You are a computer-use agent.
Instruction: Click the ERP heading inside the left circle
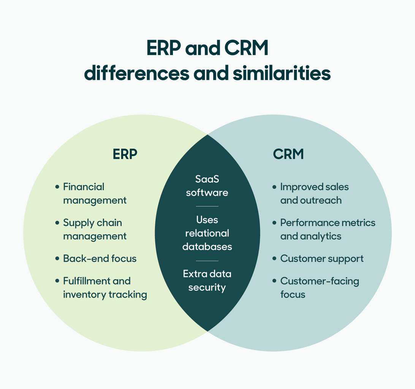125,154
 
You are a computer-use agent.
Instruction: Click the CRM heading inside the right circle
288,154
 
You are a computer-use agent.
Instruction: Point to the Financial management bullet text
95,193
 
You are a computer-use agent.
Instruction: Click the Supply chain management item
95,229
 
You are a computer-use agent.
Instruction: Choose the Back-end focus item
100,259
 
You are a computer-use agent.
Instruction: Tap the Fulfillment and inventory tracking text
105,288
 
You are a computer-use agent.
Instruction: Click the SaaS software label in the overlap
207,186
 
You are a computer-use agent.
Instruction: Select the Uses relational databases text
207,233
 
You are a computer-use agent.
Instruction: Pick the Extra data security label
207,280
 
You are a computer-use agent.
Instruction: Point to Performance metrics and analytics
327,229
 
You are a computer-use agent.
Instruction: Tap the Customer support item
322,259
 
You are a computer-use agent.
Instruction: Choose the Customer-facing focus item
319,288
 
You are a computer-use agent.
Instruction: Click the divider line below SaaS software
207,206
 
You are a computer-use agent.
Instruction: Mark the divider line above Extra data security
207,261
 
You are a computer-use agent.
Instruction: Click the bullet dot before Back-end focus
57,259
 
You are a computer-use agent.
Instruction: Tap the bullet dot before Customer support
274,259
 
